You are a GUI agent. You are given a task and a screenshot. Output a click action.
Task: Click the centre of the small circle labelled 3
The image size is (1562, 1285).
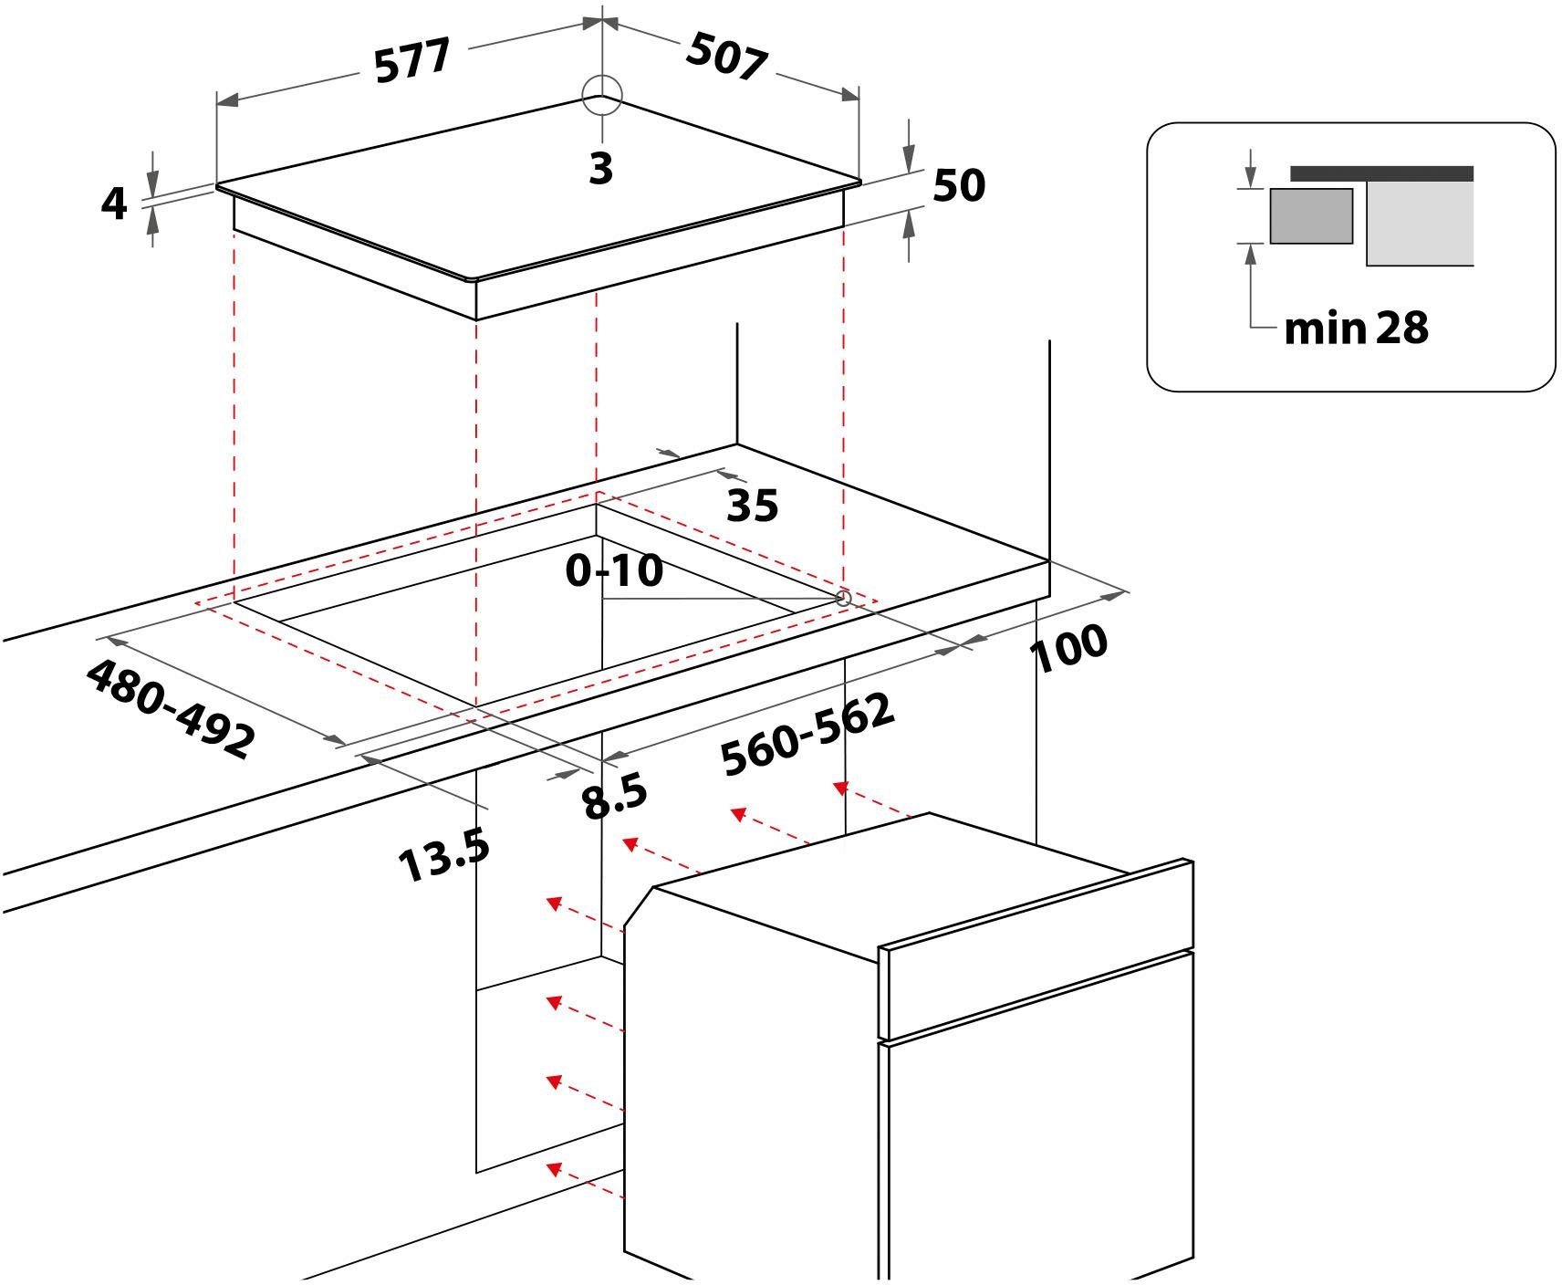pos(601,95)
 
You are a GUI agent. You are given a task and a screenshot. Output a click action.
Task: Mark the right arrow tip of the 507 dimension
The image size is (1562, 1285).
pos(858,95)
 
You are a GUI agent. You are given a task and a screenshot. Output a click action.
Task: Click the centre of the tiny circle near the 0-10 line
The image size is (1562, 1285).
pos(843,599)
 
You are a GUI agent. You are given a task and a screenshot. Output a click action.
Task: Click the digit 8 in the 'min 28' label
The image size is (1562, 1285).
pos(1415,328)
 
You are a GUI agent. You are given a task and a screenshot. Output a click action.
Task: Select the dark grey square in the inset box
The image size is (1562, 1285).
pos(1311,216)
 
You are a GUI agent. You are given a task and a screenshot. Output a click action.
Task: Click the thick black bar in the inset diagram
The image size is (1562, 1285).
pos(1381,173)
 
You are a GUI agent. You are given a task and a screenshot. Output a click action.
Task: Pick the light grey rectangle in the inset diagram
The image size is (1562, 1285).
pos(1420,224)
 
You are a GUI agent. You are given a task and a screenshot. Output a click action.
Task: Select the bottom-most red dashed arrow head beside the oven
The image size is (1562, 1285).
pos(552,1168)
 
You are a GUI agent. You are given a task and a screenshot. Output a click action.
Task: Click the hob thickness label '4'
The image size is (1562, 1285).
pos(114,204)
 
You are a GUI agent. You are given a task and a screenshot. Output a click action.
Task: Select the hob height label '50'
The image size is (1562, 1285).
pos(959,185)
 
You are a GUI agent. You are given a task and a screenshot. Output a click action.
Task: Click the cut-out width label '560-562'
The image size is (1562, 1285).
pos(807,734)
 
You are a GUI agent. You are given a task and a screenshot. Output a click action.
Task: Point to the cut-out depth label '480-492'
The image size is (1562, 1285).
pos(171,708)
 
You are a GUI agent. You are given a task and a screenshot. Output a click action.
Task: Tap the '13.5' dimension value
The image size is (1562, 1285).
pos(444,856)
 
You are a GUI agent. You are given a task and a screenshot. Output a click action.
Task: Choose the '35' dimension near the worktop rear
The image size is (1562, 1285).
pos(753,505)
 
